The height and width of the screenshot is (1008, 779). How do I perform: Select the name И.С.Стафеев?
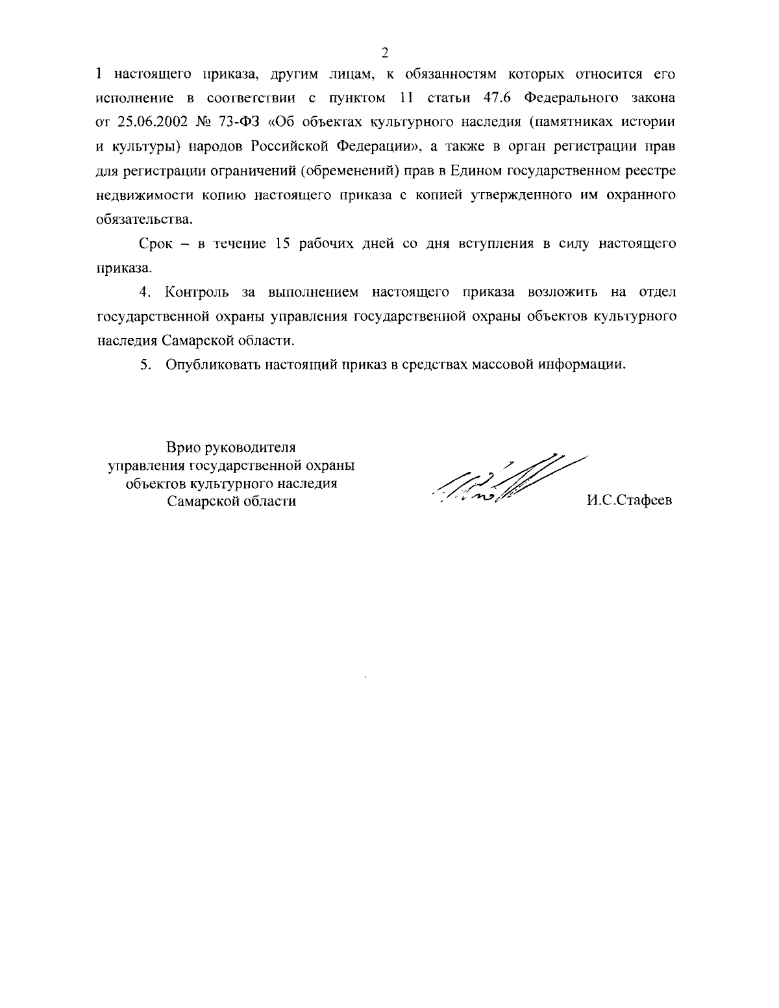629,500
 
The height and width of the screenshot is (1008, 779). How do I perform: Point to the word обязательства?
143,219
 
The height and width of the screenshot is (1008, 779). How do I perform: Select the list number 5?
146,364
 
